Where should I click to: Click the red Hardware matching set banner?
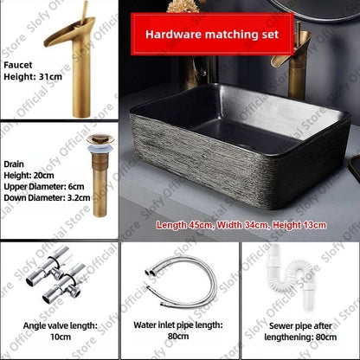pos(212,35)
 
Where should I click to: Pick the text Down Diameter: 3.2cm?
pos(46,197)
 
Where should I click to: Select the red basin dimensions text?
pos(241,225)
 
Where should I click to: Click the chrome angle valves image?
pos(57,275)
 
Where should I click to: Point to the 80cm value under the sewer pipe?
pos(319,337)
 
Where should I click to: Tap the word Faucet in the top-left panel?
pos(17,64)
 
